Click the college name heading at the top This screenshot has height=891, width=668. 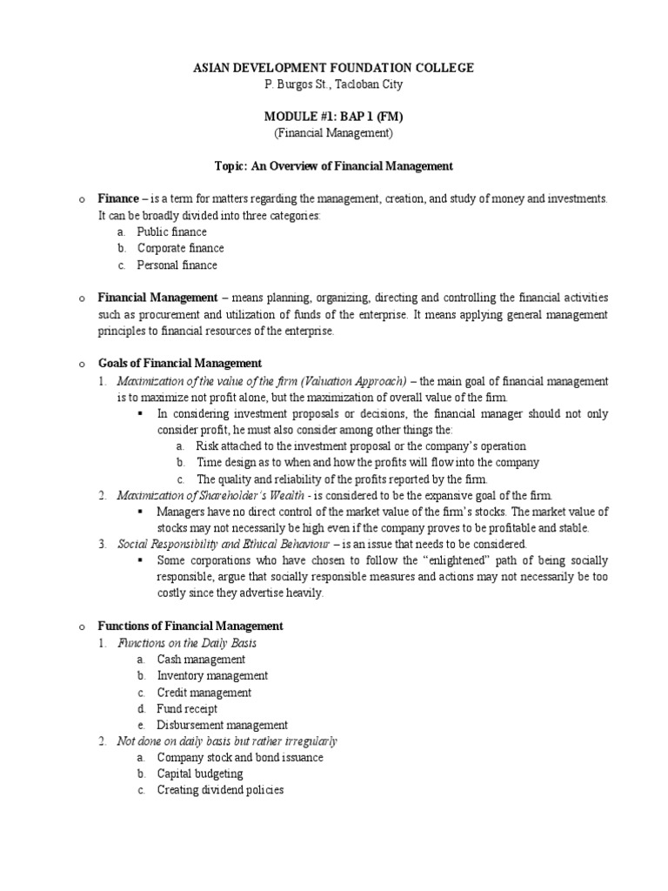click(333, 68)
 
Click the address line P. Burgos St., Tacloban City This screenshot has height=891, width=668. click(333, 84)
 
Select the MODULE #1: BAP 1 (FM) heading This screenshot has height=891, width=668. click(333, 117)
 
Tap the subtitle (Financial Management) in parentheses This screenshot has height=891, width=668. click(333, 133)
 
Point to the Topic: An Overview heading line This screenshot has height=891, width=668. click(333, 165)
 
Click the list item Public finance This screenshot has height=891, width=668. click(171, 232)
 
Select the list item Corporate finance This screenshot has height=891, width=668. click(180, 249)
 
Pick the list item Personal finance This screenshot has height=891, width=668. click(177, 265)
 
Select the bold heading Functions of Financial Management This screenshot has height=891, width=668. click(190, 626)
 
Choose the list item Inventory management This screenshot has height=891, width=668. click(212, 676)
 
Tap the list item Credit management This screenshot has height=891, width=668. click(204, 693)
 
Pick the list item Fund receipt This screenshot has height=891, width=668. click(187, 709)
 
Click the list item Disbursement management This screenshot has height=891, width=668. click(222, 725)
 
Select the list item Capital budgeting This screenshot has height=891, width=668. click(200, 774)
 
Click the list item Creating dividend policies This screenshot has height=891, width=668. click(220, 790)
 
